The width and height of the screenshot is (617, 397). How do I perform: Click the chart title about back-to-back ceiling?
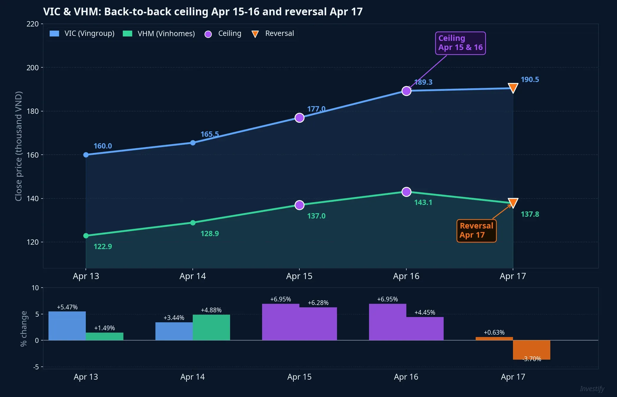(203, 12)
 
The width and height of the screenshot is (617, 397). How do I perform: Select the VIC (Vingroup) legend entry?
(82, 34)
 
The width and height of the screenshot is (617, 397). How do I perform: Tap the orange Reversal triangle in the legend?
(255, 34)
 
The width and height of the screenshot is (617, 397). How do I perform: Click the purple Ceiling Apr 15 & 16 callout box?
(460, 43)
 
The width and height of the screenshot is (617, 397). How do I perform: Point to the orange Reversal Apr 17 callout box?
(476, 231)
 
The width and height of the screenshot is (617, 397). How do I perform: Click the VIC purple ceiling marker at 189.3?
(406, 91)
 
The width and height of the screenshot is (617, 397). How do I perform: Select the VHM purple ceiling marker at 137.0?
(299, 205)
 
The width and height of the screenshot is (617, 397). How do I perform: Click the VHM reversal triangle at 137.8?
(513, 203)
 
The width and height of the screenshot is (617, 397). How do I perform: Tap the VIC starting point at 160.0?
(86, 155)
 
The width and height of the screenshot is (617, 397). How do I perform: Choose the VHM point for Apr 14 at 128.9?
(193, 223)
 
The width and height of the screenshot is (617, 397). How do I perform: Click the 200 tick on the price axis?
(33, 68)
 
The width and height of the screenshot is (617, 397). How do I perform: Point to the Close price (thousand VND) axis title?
(19, 146)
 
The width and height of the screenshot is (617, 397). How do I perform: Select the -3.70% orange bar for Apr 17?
(532, 350)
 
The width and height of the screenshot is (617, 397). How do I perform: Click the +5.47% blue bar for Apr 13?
(67, 326)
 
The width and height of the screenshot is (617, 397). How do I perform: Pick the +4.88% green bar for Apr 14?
(211, 327)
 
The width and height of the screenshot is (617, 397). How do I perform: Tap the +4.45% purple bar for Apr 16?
(425, 328)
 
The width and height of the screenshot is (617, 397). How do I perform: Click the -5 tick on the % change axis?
(36, 367)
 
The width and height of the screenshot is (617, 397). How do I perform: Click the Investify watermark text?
(592, 389)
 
